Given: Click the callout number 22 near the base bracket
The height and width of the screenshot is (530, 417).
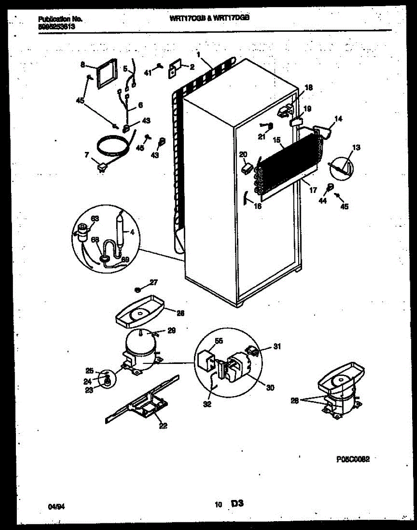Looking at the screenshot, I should (x=163, y=425).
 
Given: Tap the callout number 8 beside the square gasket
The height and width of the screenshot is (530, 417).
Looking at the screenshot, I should (x=83, y=65).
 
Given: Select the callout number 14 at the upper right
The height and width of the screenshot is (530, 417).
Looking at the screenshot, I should (x=338, y=118).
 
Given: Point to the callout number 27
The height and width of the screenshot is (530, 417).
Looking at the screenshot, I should (x=153, y=282).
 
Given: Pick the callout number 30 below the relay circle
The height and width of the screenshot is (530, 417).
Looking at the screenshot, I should (x=270, y=387).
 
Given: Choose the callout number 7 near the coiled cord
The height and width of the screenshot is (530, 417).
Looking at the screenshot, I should (x=87, y=155).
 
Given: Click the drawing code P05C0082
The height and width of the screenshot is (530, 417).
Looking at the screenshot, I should (x=353, y=459).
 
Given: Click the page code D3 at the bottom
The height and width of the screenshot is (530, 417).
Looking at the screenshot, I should (x=237, y=503).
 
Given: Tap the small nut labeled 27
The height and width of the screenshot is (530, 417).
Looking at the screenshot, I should (x=138, y=290).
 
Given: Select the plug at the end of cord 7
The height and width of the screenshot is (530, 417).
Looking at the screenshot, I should (x=103, y=167).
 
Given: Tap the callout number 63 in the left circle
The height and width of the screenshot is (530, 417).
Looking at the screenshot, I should (x=95, y=218).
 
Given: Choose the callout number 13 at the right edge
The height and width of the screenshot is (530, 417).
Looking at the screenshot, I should (x=356, y=148).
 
